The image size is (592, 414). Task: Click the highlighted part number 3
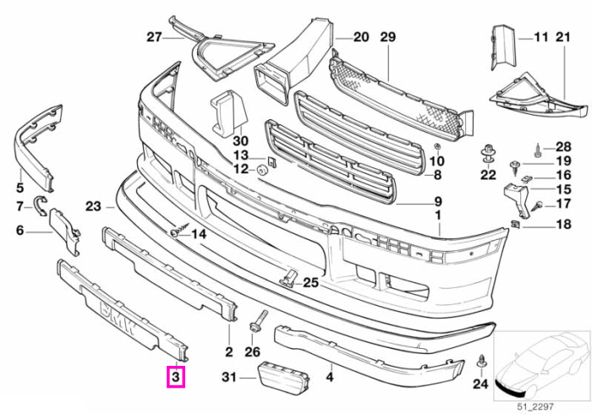pos(176,377)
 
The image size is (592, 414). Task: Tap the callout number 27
pos(154,37)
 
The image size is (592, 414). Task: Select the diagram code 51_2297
pos(535,407)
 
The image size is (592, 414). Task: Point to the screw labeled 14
pos(179,230)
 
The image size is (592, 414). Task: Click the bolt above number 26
pos(258,322)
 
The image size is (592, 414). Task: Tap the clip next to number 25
pos(288,277)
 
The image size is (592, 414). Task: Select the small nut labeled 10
pos(437,146)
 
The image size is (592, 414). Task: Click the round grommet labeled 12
pos(262,169)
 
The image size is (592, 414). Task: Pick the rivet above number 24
pos(481,362)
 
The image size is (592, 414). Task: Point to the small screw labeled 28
pos(539,150)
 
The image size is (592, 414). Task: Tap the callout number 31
pos(229,378)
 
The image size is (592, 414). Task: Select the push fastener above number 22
pos(488,154)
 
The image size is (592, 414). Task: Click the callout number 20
pos(361,37)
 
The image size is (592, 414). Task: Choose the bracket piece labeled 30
pos(229,112)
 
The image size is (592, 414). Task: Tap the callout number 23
pos(93,207)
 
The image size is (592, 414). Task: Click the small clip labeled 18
pos(516,224)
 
